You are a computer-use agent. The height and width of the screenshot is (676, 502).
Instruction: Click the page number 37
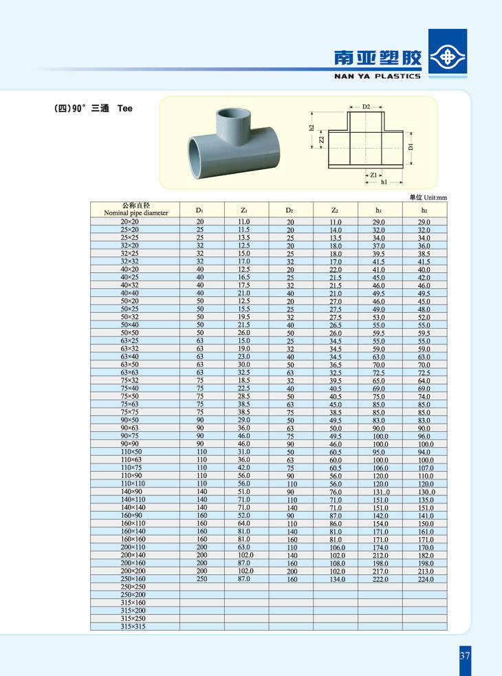point(465,655)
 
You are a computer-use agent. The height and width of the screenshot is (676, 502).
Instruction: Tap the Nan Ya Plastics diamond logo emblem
point(448,55)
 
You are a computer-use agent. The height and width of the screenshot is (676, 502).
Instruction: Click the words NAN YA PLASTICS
point(377,76)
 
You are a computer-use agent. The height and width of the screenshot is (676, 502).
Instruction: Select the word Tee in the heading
point(124,108)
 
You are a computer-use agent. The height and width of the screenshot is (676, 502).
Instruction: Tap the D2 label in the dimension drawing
point(366,107)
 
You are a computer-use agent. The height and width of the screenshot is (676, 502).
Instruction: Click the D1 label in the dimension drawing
point(411,146)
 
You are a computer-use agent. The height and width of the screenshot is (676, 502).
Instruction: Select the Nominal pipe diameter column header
point(135,209)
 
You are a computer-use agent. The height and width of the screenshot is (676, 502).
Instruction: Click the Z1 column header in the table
point(244,210)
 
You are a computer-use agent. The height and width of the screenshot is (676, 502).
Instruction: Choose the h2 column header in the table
point(424,210)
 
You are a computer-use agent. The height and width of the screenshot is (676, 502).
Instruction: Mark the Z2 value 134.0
point(335,579)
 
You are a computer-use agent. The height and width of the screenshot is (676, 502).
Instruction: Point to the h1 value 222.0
point(379,579)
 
